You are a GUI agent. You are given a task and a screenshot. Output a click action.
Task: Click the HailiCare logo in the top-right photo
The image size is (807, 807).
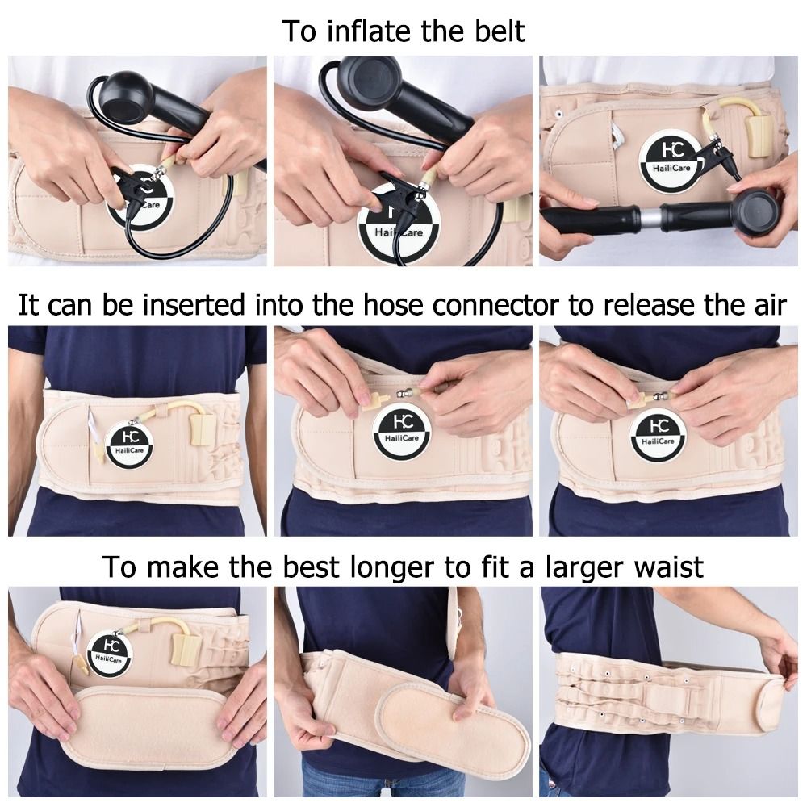pos(669,160)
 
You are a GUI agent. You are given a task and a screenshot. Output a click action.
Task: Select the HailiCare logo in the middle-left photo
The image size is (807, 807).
pos(129,443)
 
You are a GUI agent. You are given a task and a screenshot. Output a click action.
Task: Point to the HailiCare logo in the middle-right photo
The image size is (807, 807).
pos(659,433)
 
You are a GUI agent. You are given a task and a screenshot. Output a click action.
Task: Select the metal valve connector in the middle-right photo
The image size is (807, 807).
pos(664,395)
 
